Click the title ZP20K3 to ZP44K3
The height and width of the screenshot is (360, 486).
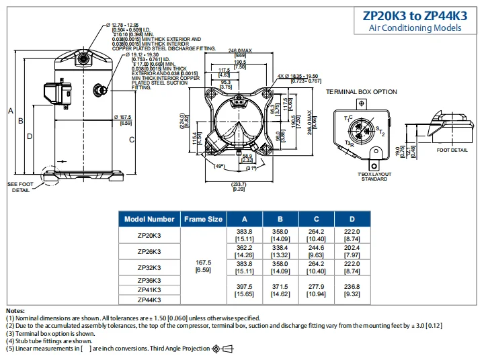point(415,15)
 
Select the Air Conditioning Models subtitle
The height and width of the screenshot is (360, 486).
point(415,28)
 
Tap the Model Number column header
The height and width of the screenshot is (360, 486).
point(149,219)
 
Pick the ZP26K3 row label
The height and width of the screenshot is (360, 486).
point(149,251)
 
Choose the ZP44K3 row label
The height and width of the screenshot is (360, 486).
point(149,300)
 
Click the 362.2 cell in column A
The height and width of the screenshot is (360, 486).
point(243,247)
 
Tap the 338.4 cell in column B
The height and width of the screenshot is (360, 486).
point(279,247)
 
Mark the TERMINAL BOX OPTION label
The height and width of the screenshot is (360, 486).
point(362,92)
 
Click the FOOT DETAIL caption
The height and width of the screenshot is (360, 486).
point(452,150)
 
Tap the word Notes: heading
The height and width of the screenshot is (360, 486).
point(15,311)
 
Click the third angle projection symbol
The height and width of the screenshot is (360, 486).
point(222,348)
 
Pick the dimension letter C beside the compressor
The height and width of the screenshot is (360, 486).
point(132,140)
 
